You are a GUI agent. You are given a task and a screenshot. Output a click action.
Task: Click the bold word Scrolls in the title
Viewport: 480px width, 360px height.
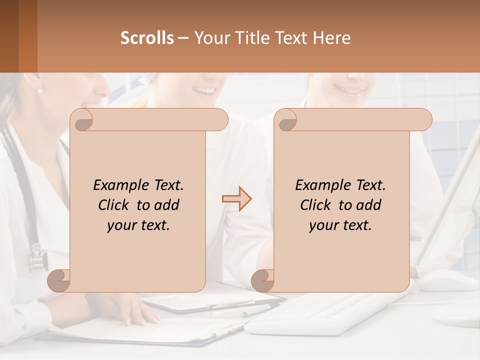pyautogui.click(x=147, y=38)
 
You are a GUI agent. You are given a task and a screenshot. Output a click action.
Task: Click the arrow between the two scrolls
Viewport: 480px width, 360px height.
pyautogui.click(x=236, y=198)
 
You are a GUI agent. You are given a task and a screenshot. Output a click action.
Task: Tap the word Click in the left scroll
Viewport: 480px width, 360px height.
pyautogui.click(x=114, y=205)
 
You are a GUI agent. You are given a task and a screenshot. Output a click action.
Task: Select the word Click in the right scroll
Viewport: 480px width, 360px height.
pyautogui.click(x=316, y=205)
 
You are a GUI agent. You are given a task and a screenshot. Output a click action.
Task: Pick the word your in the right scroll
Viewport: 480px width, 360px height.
pyautogui.click(x=323, y=225)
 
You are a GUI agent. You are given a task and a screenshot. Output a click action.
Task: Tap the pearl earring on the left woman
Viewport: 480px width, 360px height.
pyautogui.click(x=39, y=91)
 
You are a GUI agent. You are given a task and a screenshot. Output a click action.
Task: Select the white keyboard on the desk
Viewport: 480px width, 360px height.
pyautogui.click(x=320, y=312)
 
